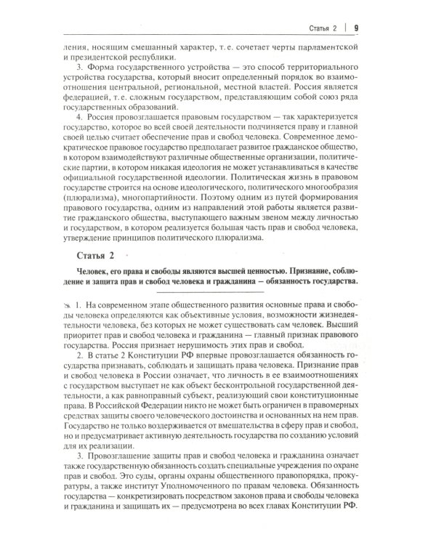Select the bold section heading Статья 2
pos(95,255)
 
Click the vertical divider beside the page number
pos(345,28)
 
